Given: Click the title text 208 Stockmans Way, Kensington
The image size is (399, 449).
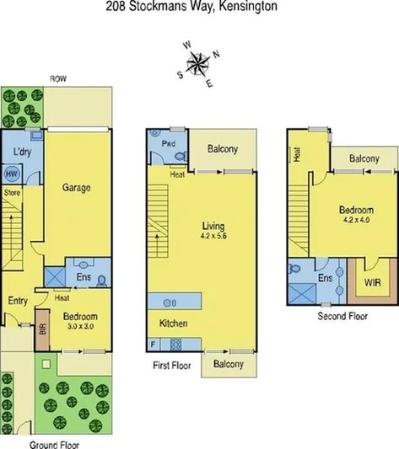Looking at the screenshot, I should (199, 7).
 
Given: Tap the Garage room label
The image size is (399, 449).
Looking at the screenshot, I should (76, 188).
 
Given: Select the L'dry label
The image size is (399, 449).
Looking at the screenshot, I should (21, 152).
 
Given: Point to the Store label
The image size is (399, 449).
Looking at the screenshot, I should (11, 193).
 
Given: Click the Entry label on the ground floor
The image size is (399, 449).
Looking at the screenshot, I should (18, 301).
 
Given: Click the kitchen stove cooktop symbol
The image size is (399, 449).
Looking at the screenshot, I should (176, 344).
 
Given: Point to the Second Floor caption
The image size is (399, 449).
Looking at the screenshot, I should (342, 317).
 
